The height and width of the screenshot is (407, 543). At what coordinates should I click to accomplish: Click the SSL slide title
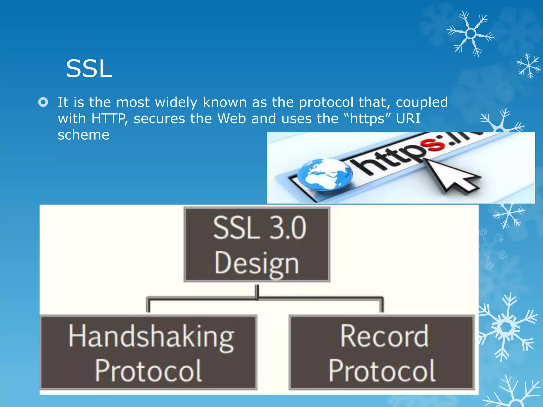[89, 69]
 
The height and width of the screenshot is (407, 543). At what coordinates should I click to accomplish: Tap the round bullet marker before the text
[43, 102]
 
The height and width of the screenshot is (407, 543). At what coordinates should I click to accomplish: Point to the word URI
[408, 118]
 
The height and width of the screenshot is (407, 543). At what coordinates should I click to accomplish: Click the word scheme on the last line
[84, 135]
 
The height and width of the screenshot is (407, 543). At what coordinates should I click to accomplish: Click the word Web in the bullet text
[231, 118]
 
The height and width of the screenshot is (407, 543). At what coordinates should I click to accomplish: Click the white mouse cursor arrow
[451, 176]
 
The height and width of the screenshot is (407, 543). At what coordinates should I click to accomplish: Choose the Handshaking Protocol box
[148, 352]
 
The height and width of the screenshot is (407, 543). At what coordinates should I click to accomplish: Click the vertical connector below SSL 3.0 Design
[257, 291]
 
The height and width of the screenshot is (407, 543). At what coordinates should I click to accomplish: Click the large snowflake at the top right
[471, 34]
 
